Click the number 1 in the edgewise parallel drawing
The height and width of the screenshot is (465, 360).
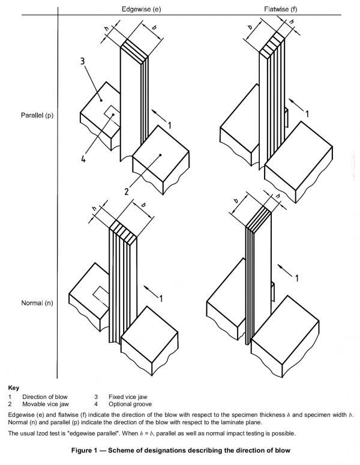[x=170, y=125]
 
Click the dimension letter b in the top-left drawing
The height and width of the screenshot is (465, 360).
[x=154, y=27]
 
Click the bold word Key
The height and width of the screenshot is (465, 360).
[x=14, y=388]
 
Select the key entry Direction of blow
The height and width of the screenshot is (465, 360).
[x=45, y=397]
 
